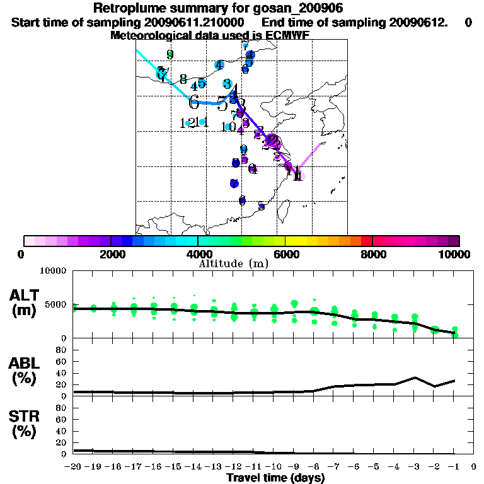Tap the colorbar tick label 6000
pyautogui.click(x=285, y=254)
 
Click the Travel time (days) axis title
pyautogui.click(x=275, y=478)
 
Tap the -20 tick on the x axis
pyautogui.click(x=73, y=467)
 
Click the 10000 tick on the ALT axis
pyautogui.click(x=54, y=272)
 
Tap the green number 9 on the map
pyautogui.click(x=170, y=54)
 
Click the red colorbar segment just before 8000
pyautogui.click(x=366, y=241)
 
